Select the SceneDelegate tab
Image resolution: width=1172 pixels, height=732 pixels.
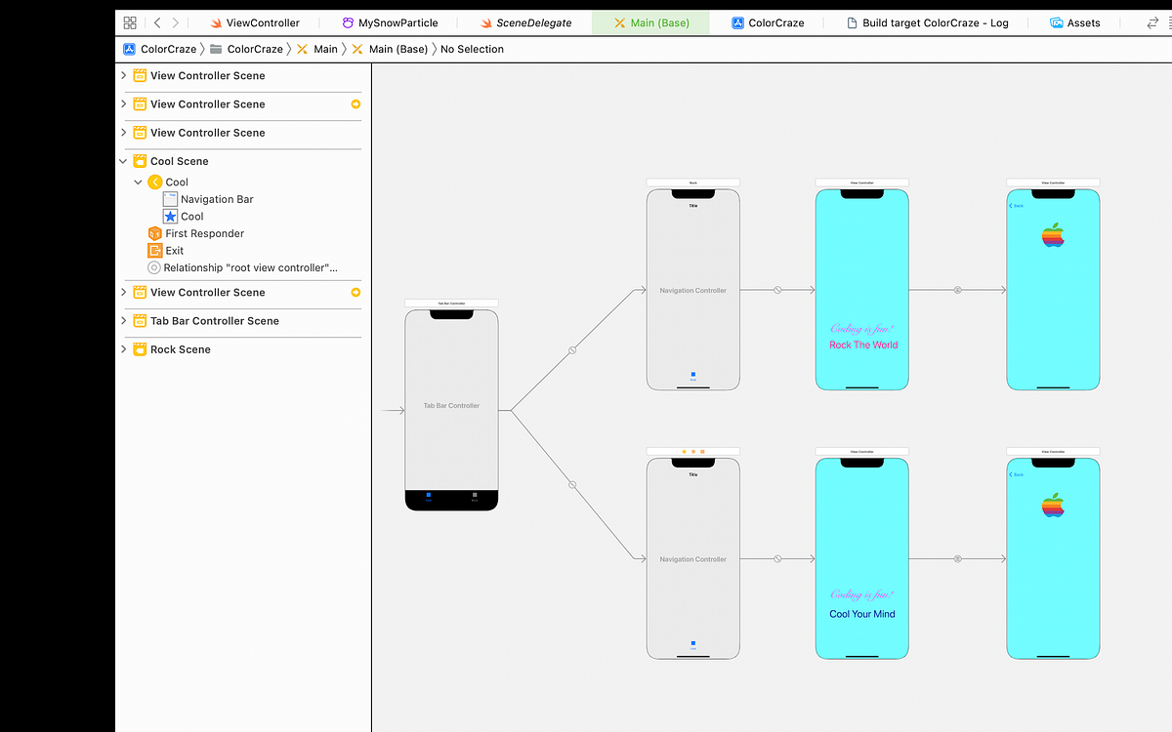tap(533, 22)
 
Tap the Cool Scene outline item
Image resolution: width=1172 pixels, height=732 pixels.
tap(179, 161)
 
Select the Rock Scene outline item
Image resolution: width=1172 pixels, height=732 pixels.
tap(180, 349)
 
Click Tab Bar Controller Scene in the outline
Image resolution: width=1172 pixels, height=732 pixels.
tap(214, 321)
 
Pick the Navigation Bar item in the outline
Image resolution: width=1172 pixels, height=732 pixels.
tap(217, 199)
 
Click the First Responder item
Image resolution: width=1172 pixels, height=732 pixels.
tap(204, 233)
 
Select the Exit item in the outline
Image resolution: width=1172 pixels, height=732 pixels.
tap(174, 251)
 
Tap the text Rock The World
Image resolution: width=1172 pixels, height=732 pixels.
tap(863, 345)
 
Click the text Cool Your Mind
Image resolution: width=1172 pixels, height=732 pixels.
tap(862, 614)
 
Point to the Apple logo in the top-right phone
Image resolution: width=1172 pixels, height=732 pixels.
tap(1053, 235)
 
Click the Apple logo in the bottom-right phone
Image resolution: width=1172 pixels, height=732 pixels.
tap(1053, 505)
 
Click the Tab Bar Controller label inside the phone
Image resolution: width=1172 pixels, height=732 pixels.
tap(451, 405)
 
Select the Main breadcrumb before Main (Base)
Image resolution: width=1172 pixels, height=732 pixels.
tap(325, 49)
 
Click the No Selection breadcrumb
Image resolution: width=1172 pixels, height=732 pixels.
tap(472, 49)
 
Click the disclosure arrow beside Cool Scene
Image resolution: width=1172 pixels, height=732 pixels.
tap(123, 161)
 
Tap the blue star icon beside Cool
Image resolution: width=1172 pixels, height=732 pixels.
tap(170, 217)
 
